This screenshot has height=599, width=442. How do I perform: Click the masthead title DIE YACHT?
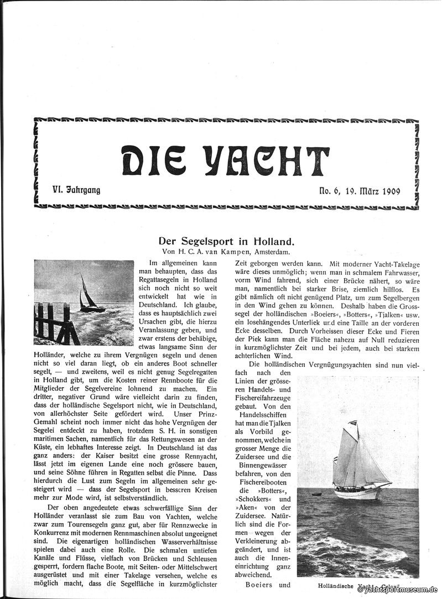click(x=225, y=161)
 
